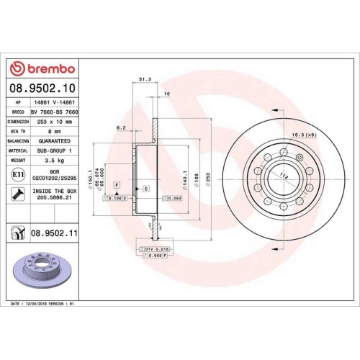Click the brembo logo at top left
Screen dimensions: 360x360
42,68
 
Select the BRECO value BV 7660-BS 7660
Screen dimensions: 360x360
56,112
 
